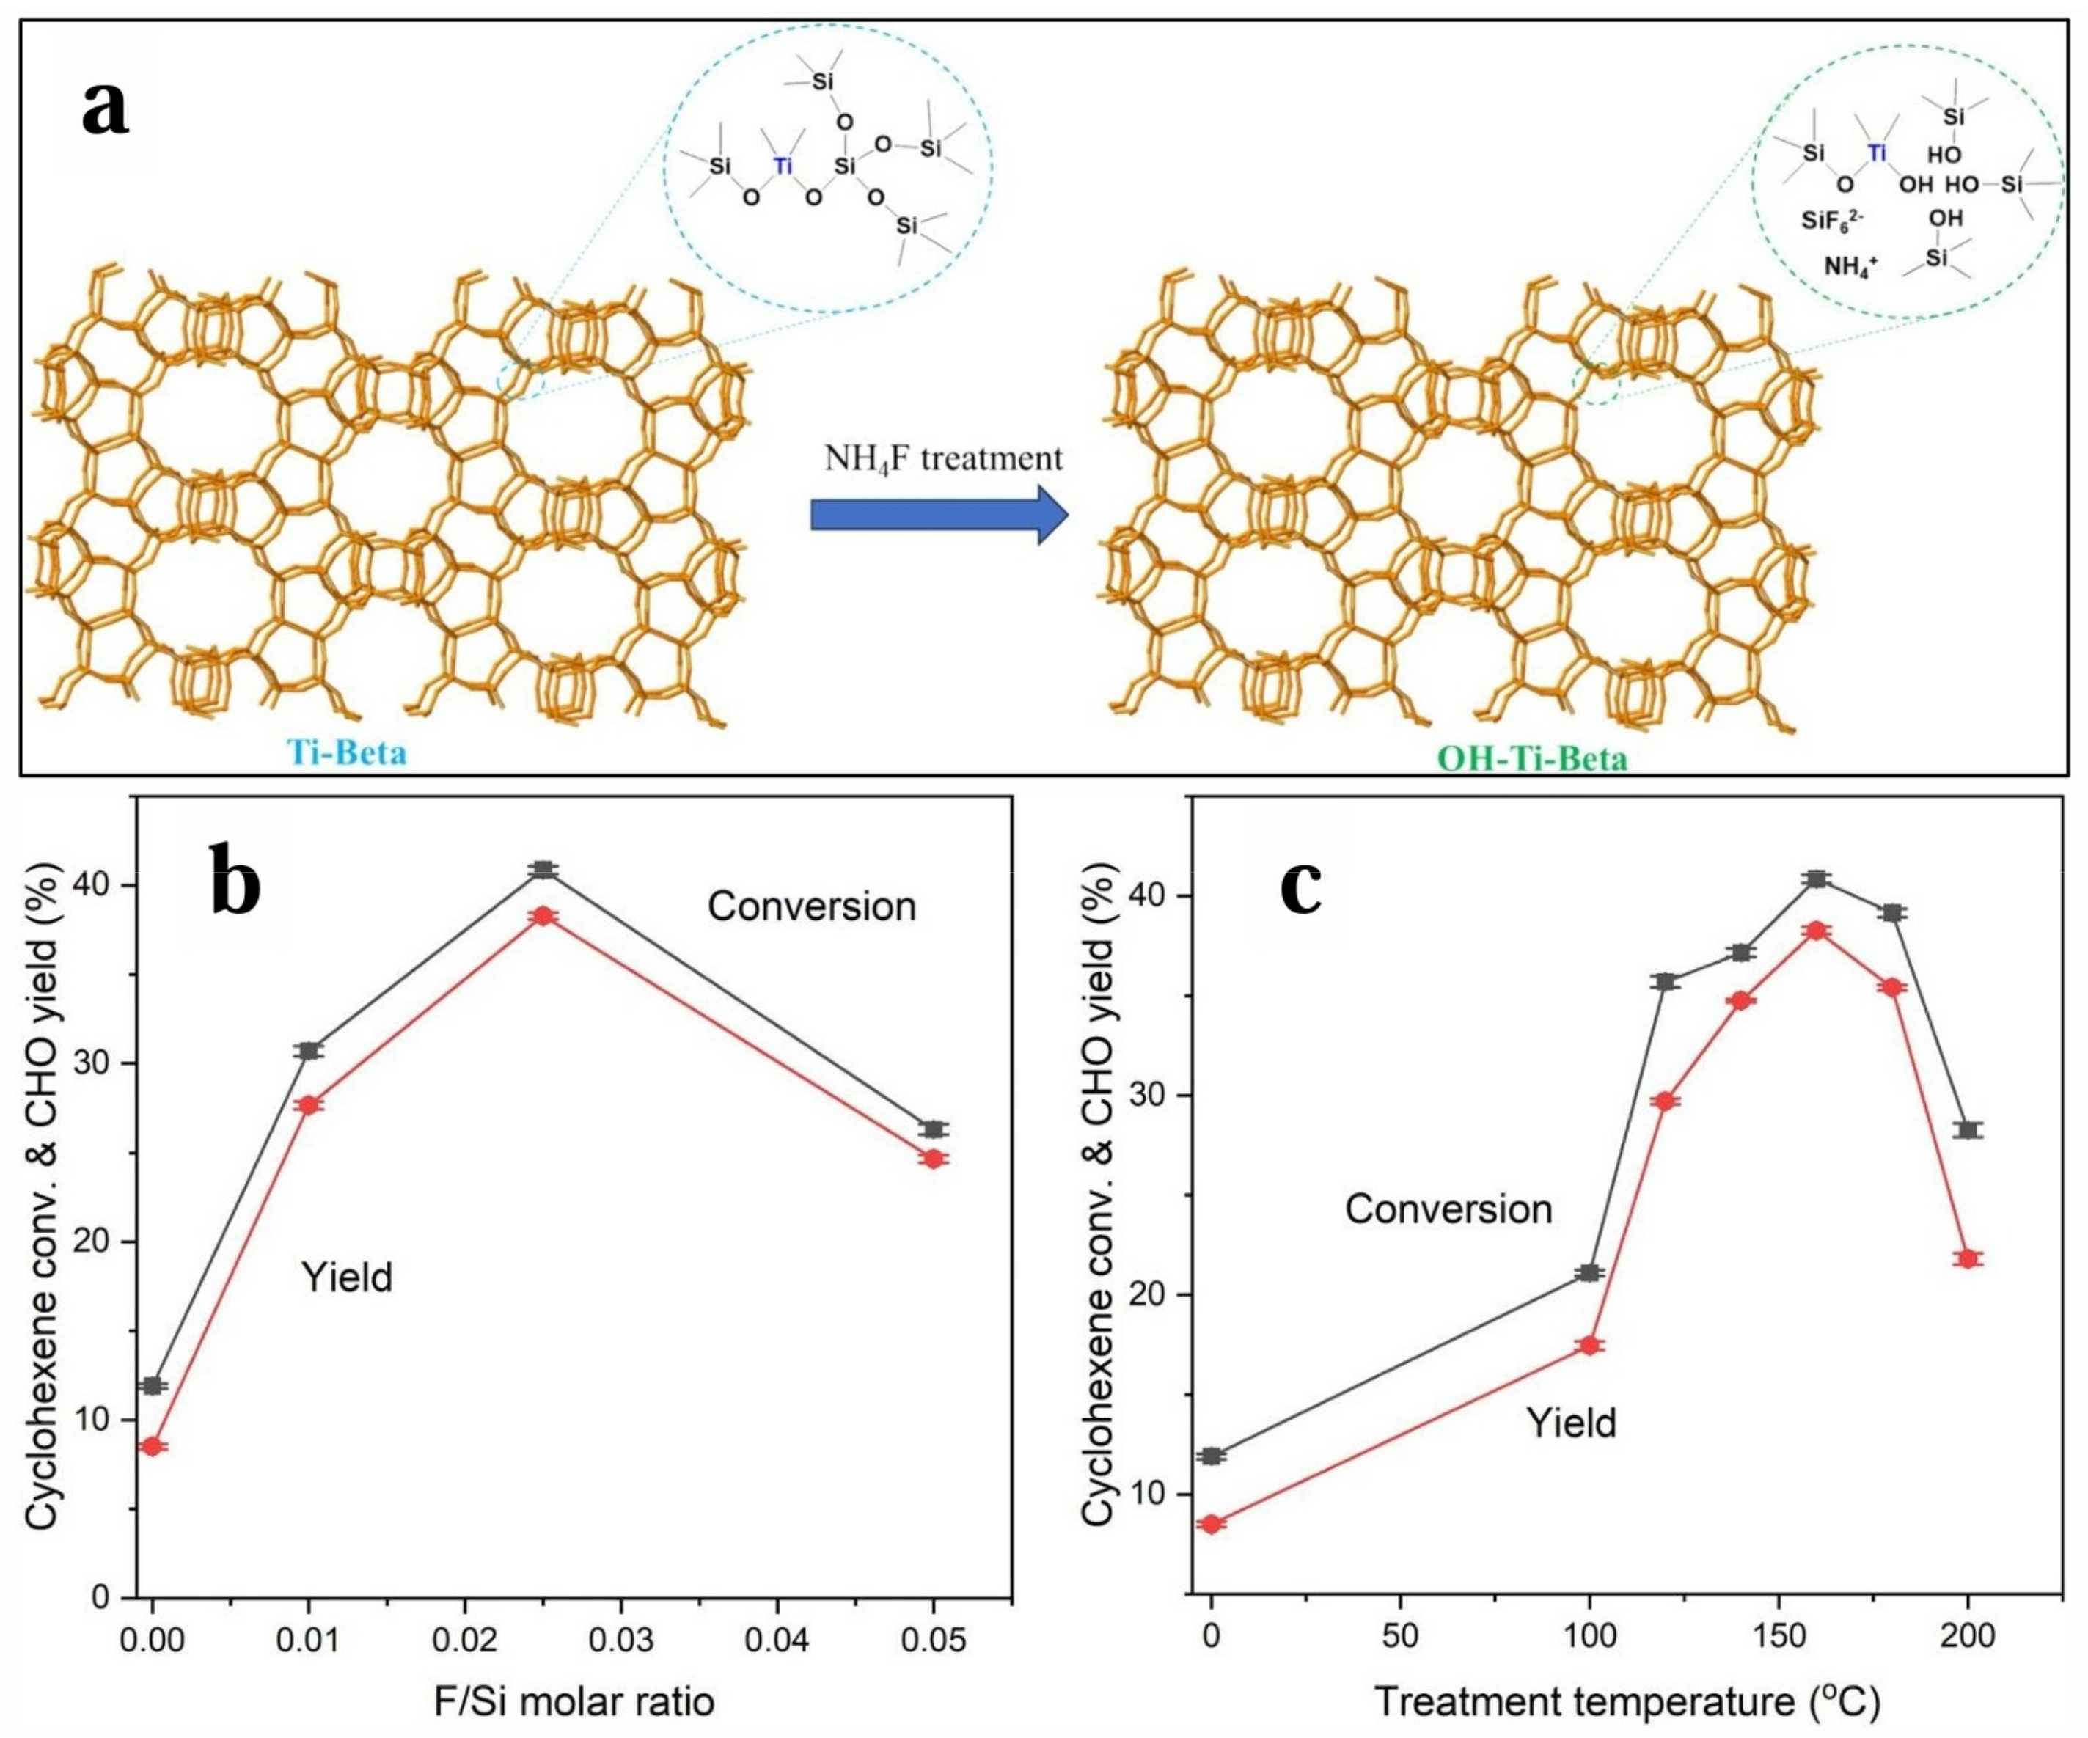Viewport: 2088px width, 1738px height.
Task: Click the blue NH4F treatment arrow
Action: pos(939,515)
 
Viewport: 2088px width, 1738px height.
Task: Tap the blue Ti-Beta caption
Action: pos(347,752)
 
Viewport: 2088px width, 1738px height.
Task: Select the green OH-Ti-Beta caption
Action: pos(1532,759)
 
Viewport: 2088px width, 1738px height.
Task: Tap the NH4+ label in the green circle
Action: pos(1850,265)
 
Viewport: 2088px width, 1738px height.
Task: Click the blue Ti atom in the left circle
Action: pos(783,164)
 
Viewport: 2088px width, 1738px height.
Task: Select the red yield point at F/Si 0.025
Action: pos(542,916)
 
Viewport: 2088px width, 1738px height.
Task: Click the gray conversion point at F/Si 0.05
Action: pos(934,1129)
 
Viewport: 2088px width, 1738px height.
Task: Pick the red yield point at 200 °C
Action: pos(1968,1258)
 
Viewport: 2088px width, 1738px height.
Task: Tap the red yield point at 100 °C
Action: pos(1589,1345)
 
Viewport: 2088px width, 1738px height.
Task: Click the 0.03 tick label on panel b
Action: pos(620,1638)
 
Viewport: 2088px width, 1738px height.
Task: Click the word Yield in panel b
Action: pos(347,1277)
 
